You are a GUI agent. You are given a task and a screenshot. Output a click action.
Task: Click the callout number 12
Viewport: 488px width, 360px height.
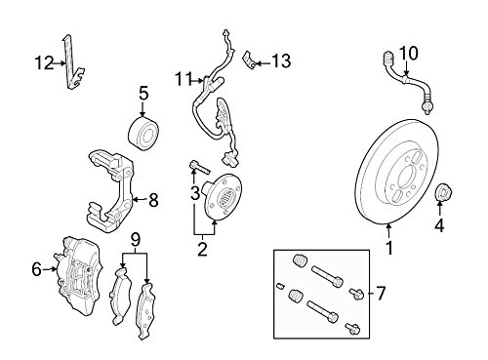(44, 62)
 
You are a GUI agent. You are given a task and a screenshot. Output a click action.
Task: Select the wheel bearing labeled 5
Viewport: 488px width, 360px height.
(143, 133)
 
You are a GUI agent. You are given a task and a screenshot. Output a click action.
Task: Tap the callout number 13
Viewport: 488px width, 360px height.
(281, 60)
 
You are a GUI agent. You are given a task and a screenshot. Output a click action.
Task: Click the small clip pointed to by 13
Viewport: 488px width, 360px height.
(249, 60)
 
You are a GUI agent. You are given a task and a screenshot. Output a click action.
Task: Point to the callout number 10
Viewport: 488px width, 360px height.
(408, 53)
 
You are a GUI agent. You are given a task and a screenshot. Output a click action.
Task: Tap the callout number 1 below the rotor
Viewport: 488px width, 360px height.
(388, 248)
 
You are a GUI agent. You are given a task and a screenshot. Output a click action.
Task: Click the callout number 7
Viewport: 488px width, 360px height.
(381, 293)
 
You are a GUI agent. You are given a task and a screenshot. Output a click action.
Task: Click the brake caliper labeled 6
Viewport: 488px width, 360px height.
(79, 275)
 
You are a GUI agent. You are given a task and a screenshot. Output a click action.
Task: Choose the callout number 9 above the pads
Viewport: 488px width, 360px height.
(136, 240)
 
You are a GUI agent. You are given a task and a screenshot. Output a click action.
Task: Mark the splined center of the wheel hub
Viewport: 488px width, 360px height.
(226, 198)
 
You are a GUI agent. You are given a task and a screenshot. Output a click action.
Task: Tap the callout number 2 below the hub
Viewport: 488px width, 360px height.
(202, 250)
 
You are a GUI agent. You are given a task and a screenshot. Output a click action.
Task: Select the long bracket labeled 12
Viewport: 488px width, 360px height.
(72, 62)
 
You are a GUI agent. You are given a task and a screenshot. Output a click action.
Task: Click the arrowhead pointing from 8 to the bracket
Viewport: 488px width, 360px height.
(136, 199)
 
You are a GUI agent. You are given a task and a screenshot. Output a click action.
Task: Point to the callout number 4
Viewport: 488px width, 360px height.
(439, 225)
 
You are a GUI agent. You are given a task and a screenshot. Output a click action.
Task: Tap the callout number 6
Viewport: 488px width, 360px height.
(36, 269)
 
